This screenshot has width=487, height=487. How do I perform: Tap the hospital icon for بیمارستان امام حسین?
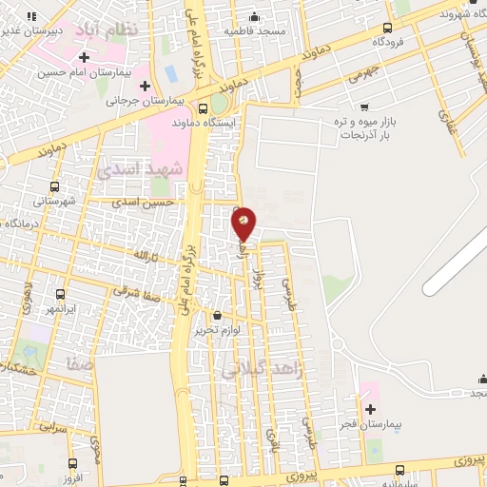85,58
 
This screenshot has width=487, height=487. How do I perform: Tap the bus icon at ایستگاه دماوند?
204,108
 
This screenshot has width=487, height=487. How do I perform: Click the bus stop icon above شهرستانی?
54,187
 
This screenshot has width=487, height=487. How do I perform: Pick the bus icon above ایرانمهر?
61,295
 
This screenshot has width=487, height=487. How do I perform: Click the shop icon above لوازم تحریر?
217,315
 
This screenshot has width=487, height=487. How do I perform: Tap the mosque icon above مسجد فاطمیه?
254,17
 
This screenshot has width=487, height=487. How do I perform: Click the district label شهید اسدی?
131,169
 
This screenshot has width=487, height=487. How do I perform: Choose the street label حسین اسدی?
144,202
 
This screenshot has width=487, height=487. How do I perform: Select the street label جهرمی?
363,71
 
